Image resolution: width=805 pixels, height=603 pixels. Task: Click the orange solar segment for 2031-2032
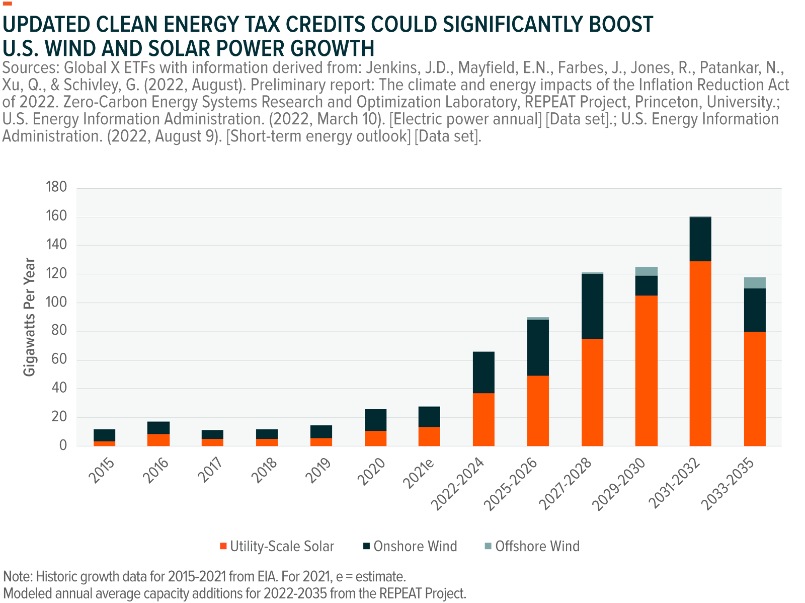coord(700,353)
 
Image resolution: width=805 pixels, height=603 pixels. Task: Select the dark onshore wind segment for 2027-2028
coord(592,307)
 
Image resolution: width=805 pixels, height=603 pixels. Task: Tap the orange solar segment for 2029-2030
coord(646,370)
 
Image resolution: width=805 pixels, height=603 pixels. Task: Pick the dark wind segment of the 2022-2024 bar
coord(484,372)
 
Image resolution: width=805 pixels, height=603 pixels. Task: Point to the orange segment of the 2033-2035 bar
coord(754,389)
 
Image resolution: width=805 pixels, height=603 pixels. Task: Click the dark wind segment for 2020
coord(376,420)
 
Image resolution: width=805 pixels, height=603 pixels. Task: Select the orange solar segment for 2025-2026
coord(538,411)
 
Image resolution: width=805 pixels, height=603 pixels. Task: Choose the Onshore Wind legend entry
coord(410,546)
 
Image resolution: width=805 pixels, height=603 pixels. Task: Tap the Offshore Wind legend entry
coord(532,546)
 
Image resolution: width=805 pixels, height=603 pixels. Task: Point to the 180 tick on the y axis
coord(56,187)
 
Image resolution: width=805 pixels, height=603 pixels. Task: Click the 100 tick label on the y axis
coord(56,302)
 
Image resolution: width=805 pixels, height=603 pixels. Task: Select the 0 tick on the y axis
coord(63,445)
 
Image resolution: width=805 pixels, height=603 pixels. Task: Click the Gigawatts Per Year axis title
coord(30,317)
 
